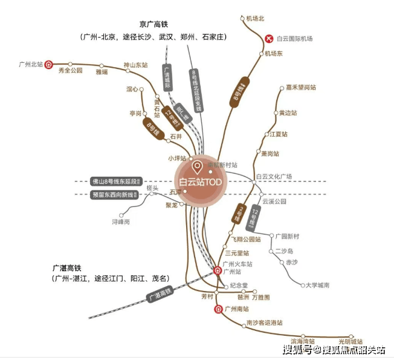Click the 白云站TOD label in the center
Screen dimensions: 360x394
pyautogui.click(x=199, y=182)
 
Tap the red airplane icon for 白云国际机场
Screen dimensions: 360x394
pyautogui.click(x=269, y=39)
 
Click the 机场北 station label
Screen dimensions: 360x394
pyautogui.click(x=256, y=19)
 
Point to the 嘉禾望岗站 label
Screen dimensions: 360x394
pyautogui.click(x=301, y=88)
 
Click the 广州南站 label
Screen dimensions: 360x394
pyautogui.click(x=237, y=309)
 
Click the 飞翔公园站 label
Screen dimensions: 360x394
pyautogui.click(x=245, y=240)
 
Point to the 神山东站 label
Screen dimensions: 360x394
pyautogui.click(x=135, y=65)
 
